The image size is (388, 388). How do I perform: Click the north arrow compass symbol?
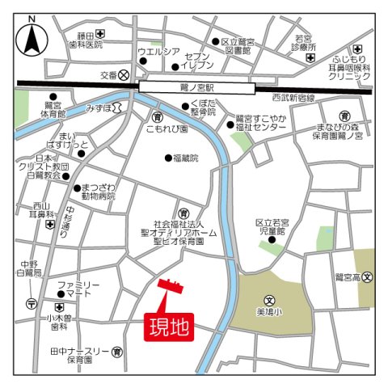click(32, 36)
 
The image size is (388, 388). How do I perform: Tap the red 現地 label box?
click(169, 327)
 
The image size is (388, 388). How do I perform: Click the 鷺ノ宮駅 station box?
click(198, 86)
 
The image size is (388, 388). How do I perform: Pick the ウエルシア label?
click(158, 53)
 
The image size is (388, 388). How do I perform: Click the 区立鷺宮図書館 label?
click(238, 45)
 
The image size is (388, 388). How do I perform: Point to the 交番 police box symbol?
click(124, 74)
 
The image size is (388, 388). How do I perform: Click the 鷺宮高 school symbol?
click(367, 277)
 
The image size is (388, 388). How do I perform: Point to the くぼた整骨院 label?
click(205, 108)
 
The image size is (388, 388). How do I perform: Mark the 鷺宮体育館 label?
click(53, 111)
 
